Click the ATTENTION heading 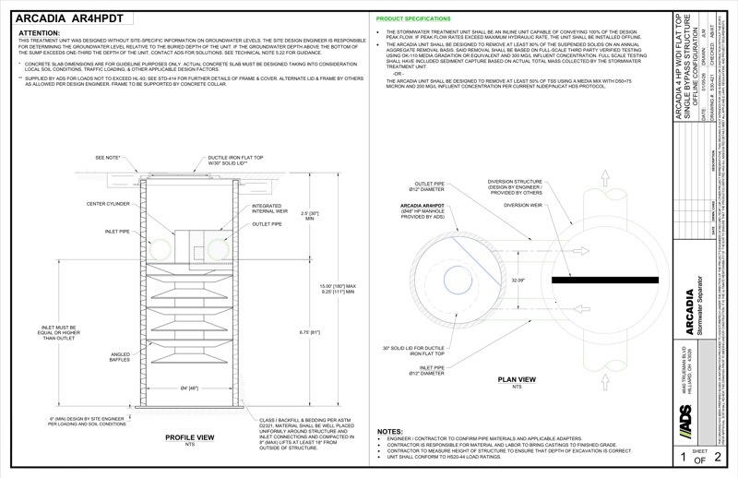pos(37,32)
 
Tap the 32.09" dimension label pos(518,279)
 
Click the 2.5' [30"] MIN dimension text pos(285,217)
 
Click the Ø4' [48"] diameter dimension pos(190,388)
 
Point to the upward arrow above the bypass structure pos(604,176)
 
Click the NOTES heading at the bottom pos(388,431)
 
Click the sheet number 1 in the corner pos(683,456)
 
